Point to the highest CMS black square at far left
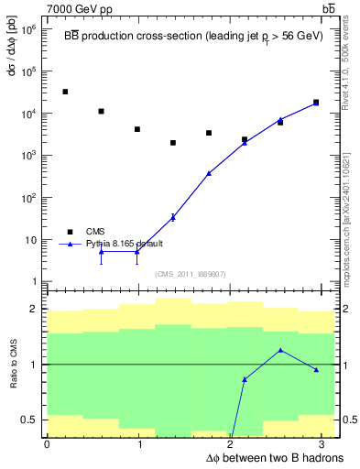click(x=65, y=92)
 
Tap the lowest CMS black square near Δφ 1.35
click(x=172, y=143)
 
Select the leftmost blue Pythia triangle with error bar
click(x=101, y=251)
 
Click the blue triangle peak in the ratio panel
click(x=280, y=350)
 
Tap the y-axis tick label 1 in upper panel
click(x=35, y=281)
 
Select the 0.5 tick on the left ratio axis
click(x=32, y=420)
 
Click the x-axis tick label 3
click(x=325, y=444)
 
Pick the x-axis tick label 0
click(x=47, y=444)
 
